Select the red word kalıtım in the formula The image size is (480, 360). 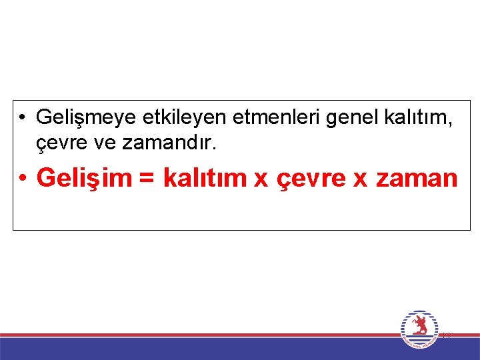[x=203, y=178]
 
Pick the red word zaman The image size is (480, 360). [x=416, y=179]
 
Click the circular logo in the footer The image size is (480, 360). [x=419, y=329]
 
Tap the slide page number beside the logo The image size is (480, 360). [x=446, y=335]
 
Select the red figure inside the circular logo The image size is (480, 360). [x=419, y=326]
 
